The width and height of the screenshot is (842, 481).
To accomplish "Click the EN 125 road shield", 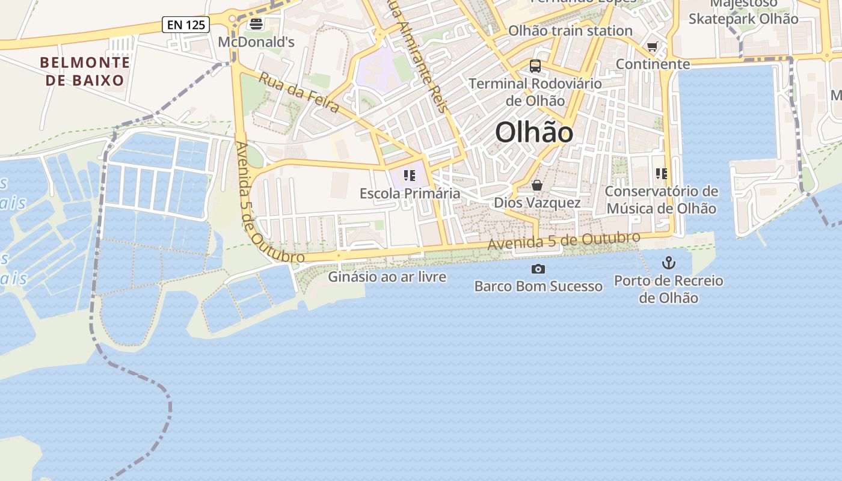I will pos(186,25).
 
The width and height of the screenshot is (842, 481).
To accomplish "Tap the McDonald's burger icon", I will pos(256,24).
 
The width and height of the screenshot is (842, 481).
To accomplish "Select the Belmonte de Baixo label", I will pos(85,71).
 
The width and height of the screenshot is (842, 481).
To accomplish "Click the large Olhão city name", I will pos(534,132).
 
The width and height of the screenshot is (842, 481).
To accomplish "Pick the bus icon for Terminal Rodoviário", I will pos(535,66).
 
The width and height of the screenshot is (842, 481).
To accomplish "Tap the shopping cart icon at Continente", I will pos(653,46).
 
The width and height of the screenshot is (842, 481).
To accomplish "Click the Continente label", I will pos(653,64).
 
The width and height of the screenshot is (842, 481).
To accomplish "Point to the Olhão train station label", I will pos(570,31).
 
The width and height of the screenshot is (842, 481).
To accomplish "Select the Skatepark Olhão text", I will pos(743,19).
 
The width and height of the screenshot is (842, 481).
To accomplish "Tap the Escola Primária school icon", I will pos(410,176).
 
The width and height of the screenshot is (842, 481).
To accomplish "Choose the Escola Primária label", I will pos(410,194).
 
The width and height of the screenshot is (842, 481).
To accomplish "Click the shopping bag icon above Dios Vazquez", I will pos(537,185).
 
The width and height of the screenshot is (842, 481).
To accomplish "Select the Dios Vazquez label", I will pos(537,203).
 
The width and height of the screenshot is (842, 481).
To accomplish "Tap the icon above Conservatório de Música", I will pos(662,174).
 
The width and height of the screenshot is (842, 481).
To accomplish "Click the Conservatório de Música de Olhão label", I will pos(662,200).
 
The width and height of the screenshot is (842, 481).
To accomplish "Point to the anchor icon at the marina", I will pos(668,263).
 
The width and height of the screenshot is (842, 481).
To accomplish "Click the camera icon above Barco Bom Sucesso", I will pos(538,269).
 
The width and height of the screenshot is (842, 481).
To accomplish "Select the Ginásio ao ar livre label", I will pos(387,277).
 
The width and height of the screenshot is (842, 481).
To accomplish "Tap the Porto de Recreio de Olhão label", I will pos(668,289).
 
